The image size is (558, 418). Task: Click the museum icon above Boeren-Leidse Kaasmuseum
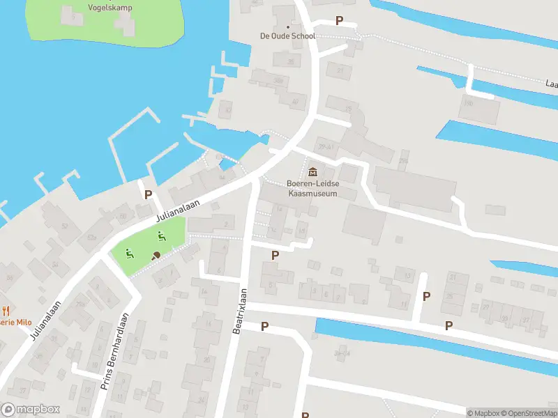(312, 171)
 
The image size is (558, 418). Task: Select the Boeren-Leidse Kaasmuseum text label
(312, 188)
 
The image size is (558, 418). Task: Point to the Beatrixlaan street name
(240, 311)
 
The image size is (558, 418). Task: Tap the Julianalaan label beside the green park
(178, 208)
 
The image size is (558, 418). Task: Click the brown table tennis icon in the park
(156, 255)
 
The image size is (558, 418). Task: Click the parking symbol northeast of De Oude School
(340, 21)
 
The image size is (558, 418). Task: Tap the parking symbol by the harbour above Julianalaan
(148, 194)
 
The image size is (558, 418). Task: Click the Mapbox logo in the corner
(31, 410)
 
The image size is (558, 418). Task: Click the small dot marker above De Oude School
(288, 27)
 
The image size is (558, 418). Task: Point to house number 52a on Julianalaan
(91, 238)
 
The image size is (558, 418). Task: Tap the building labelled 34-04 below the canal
(341, 354)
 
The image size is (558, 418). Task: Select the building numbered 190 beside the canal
(469, 103)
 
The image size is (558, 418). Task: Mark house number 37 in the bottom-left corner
(22, 391)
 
